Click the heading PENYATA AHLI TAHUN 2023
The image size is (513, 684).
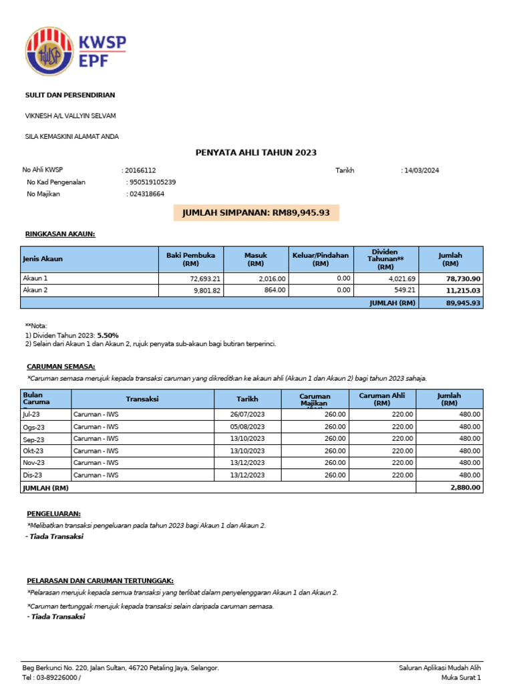(256, 153)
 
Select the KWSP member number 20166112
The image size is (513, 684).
(140, 170)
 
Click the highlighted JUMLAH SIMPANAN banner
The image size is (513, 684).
(256, 213)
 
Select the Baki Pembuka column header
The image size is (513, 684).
(190, 259)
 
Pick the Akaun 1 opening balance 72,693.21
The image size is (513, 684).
(205, 279)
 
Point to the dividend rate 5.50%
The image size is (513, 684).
(108, 335)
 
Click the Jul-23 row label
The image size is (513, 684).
(32, 414)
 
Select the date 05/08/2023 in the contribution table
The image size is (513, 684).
(247, 426)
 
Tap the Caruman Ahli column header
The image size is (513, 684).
(382, 399)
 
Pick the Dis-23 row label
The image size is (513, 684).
(33, 475)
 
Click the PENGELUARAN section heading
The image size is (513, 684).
(54, 514)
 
